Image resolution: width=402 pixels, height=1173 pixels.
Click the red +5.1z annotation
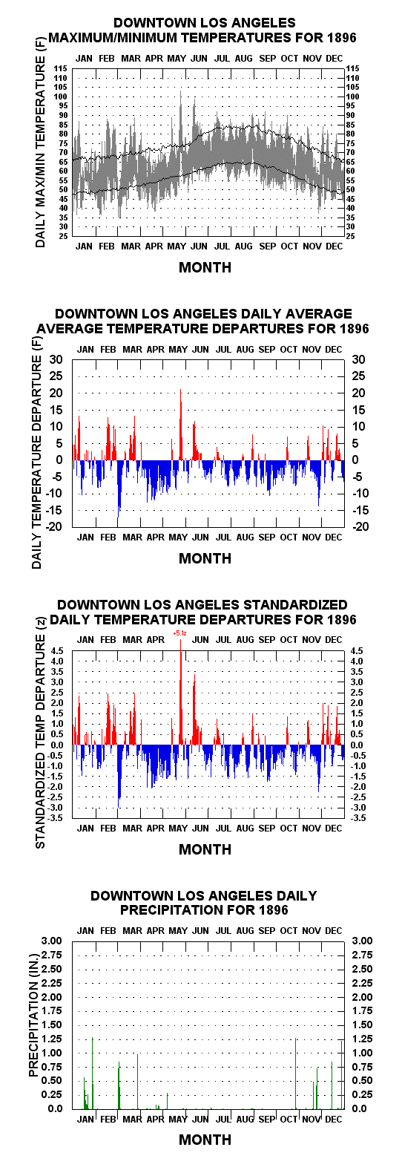pyautogui.click(x=179, y=633)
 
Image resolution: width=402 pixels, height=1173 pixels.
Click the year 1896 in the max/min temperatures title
pyautogui.click(x=341, y=38)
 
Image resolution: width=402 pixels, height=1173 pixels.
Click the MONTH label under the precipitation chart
pyautogui.click(x=205, y=1140)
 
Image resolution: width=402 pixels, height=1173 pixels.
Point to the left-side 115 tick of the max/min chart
pyautogui.click(x=61, y=68)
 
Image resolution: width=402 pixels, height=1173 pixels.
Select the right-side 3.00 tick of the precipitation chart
pyautogui.click(x=362, y=941)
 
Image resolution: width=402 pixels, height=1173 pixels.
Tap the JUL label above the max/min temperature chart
pyautogui.click(x=222, y=59)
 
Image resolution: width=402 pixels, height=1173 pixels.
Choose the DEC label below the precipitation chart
pyautogui.click(x=334, y=1119)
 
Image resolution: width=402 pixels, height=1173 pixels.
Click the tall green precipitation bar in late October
pyautogui.click(x=296, y=1073)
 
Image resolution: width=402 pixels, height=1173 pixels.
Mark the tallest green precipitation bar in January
pyautogui.click(x=93, y=1073)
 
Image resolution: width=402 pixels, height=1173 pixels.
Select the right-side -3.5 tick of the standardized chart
pyautogui.click(x=358, y=818)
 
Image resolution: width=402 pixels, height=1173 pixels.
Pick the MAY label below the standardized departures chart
pyautogui.click(x=177, y=828)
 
